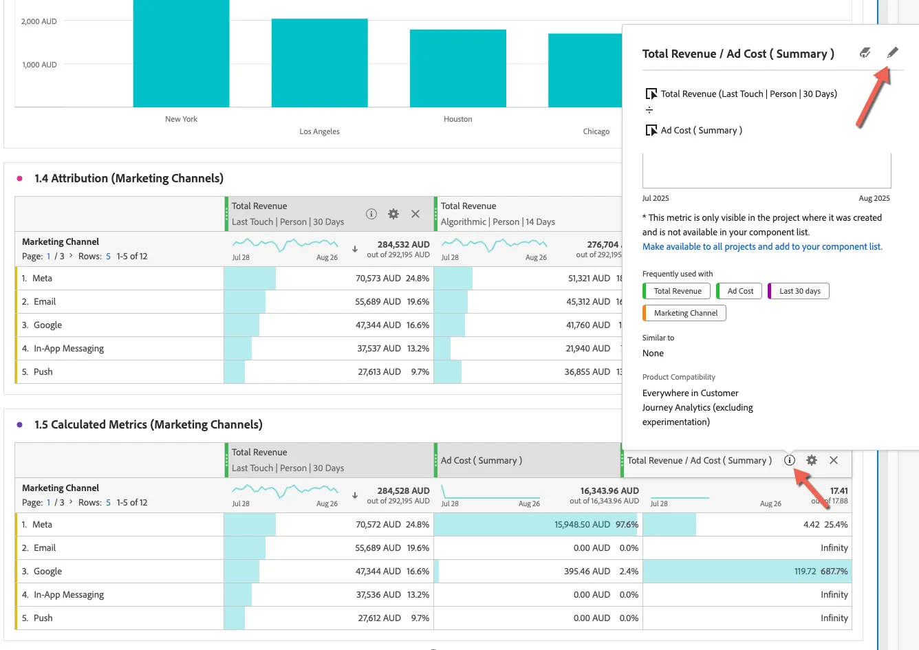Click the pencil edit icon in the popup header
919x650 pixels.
892,52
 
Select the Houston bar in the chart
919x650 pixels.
458,68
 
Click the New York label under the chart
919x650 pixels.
181,119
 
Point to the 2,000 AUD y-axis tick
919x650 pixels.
39,21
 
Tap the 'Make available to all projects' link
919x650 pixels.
762,246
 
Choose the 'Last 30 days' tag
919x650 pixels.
799,291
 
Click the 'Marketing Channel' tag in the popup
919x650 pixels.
684,313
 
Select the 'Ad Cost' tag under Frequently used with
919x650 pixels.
739,291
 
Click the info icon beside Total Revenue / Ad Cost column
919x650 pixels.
790,460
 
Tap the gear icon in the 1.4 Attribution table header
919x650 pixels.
393,214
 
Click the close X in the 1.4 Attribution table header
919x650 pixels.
415,214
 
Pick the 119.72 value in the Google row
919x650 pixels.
805,571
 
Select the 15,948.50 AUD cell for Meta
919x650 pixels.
582,524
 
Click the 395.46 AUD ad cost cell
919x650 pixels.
587,571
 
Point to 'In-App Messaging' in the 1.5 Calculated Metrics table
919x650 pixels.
69,594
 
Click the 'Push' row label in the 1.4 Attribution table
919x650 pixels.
43,372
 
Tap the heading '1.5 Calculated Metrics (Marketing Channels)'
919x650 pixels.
149,424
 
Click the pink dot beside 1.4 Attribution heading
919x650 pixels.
19,178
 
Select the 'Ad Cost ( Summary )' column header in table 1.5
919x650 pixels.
482,460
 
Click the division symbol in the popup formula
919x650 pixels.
649,110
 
